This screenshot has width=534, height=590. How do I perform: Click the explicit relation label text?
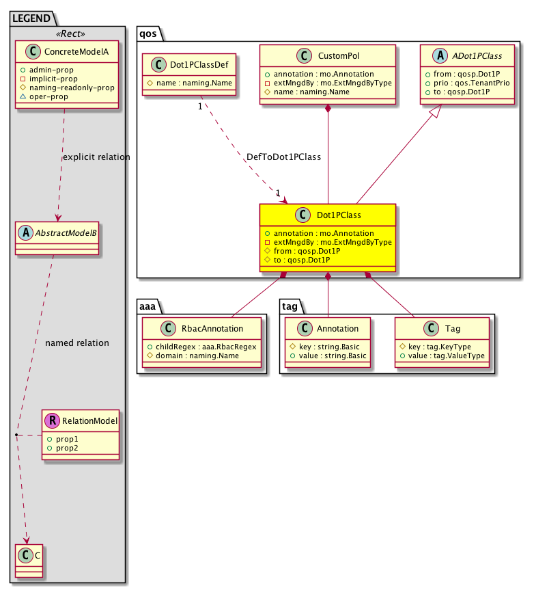click(x=96, y=157)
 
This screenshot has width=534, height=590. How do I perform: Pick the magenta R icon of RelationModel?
click(x=53, y=421)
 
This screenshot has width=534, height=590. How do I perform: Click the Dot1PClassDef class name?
click(x=197, y=66)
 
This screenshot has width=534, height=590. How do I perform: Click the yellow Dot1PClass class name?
click(x=339, y=215)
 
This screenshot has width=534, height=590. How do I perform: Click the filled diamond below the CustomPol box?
click(x=328, y=109)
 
